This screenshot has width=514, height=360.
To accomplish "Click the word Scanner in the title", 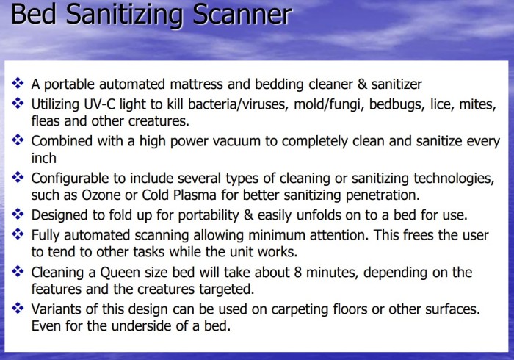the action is pos(242,15).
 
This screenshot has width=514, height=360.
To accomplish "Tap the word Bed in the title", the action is pos(34,15).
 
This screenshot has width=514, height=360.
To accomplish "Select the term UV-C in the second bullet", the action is pos(99,104).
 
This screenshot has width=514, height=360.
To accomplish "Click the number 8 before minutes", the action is pos(297,272).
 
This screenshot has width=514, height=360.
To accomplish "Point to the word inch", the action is pos(43,158).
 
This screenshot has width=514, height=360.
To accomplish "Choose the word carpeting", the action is pos(300,309).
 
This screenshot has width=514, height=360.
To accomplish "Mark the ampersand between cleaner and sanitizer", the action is pos(362,84).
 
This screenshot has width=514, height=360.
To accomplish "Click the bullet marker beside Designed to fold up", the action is pos(18,215).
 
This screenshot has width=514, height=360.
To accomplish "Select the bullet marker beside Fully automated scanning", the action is pos(18,234).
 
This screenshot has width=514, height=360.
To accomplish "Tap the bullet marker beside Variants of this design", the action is pos(18,308).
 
